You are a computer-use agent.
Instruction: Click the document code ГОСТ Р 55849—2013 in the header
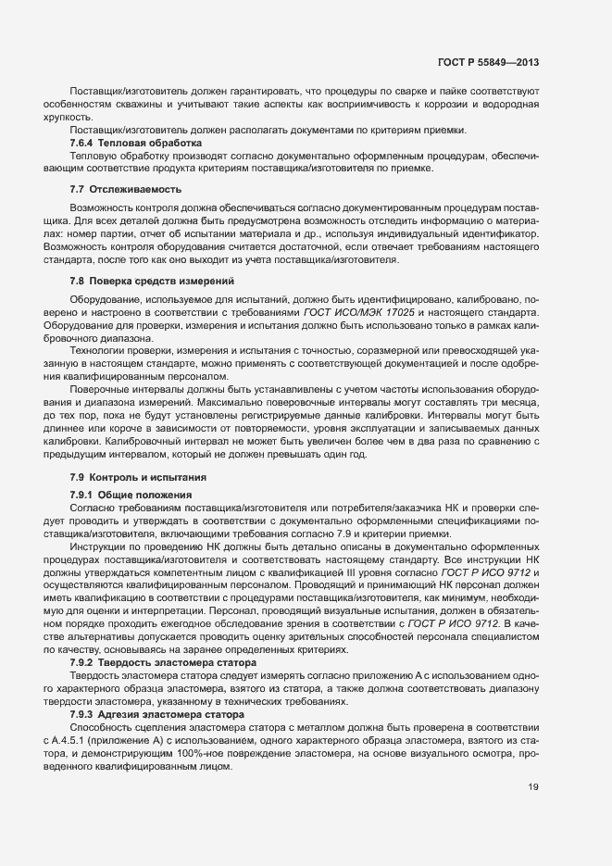[x=488, y=63]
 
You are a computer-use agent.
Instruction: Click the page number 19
[x=532, y=787]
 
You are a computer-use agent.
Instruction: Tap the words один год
[x=347, y=455]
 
